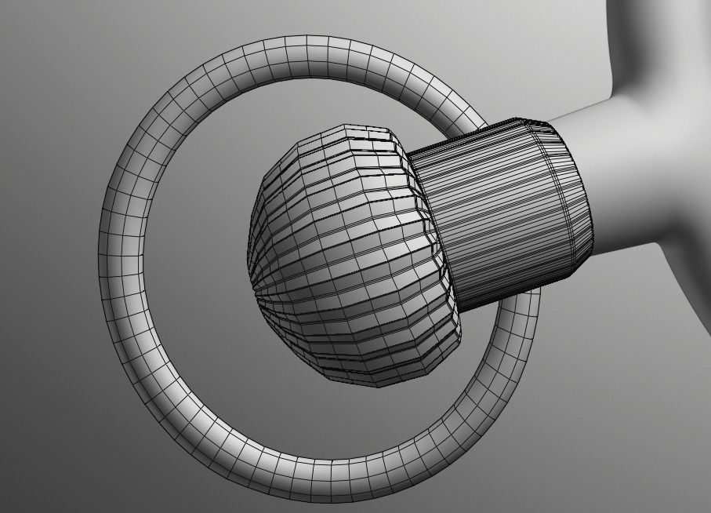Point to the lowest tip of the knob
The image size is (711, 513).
[x=376, y=384]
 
